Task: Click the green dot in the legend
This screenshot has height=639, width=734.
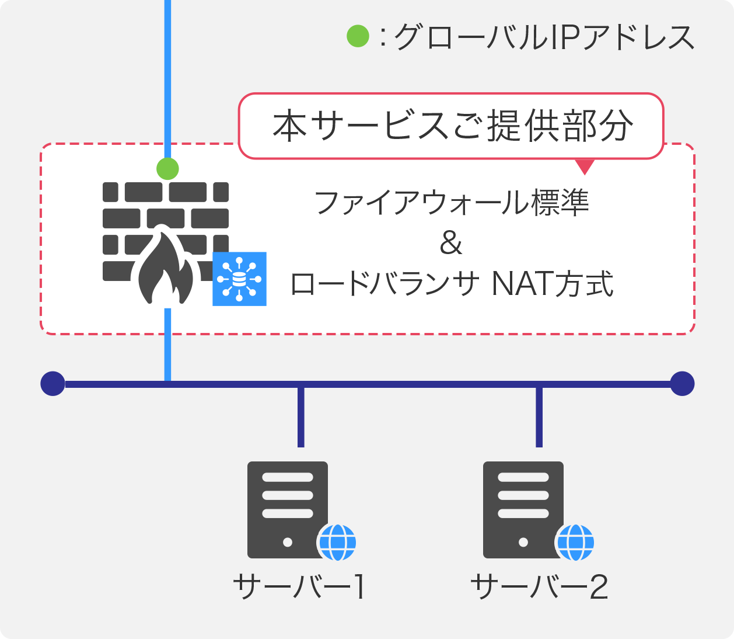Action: point(358,36)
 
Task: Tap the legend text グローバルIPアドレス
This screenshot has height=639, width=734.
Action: point(544,37)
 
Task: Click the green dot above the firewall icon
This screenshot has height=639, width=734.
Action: point(167,168)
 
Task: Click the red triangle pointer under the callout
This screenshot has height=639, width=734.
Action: point(585,166)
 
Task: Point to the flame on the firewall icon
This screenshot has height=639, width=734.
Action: point(166,266)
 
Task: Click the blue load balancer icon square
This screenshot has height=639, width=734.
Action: point(239,279)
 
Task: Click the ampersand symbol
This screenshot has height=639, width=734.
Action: point(451,243)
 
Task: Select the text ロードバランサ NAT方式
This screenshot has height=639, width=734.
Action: point(452,284)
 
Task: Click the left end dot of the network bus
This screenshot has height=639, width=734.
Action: point(53,383)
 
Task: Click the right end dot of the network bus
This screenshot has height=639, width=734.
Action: point(682,383)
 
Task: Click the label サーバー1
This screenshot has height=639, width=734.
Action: point(300,586)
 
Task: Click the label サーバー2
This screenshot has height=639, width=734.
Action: point(539,586)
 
